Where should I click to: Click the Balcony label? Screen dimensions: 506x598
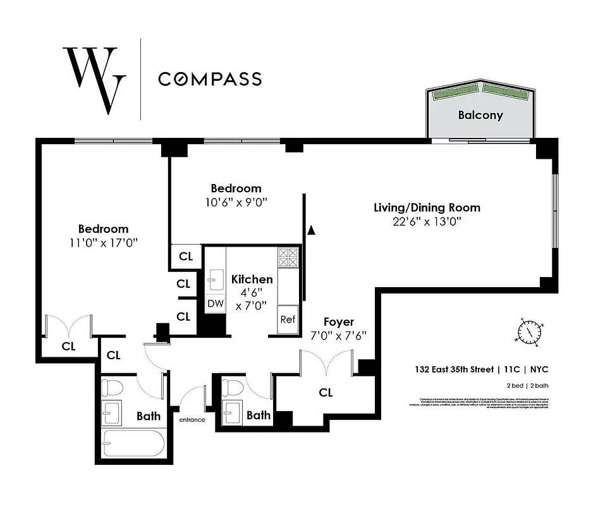pos(480,115)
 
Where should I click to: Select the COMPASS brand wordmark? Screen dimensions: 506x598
pos(210,79)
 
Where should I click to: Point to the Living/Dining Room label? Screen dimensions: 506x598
pos(427,207)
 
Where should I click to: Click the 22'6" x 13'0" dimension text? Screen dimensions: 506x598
pos(427,221)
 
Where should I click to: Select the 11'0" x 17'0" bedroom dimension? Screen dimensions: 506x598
pos(103,242)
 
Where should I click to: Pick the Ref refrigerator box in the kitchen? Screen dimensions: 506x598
pos(288,319)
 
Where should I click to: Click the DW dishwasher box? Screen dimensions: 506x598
pos(216,304)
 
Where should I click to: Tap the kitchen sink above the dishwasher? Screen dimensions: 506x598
pos(216,278)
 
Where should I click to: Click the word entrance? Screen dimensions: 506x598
pos(192,419)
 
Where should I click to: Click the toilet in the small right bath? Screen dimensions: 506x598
pos(233,387)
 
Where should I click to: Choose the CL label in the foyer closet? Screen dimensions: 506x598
pos(326,393)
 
